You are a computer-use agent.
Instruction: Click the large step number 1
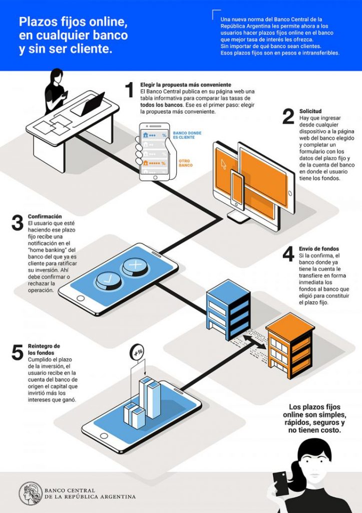[x=130, y=90]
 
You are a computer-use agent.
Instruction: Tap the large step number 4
[x=288, y=254]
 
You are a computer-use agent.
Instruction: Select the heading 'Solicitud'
[x=310, y=111]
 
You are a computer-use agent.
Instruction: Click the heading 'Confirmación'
[x=45, y=216]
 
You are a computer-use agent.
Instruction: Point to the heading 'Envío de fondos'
[x=319, y=249]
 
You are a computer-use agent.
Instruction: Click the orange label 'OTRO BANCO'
[x=185, y=163]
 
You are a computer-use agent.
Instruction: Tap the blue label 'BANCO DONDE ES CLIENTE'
[x=187, y=135]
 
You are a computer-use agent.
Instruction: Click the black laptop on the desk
[x=88, y=105]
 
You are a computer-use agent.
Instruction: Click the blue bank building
[x=228, y=310]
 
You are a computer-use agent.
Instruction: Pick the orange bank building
[x=290, y=346]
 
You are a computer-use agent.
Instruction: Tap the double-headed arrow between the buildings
[x=254, y=342]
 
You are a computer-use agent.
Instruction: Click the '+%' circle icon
[x=137, y=352]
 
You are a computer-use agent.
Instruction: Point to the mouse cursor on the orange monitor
[x=224, y=164]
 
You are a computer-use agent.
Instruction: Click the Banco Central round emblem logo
[x=31, y=493]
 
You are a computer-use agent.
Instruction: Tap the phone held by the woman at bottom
[x=281, y=483]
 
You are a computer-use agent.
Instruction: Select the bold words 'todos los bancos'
[x=162, y=105]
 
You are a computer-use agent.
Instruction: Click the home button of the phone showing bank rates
[x=155, y=178]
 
